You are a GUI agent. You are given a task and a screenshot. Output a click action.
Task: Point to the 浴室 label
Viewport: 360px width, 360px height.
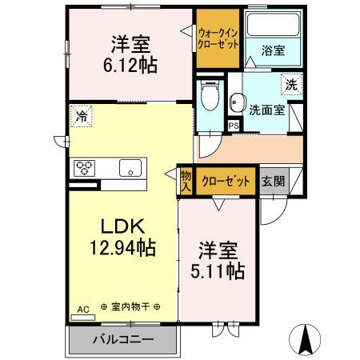pyautogui.click(x=271, y=50)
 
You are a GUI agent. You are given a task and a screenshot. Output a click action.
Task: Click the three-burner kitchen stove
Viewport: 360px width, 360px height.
pyautogui.click(x=85, y=168)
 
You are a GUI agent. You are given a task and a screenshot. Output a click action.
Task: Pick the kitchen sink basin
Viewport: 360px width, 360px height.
pyautogui.click(x=130, y=168)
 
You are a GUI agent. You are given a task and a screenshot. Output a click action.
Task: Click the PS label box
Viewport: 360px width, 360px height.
pyautogui.click(x=234, y=126)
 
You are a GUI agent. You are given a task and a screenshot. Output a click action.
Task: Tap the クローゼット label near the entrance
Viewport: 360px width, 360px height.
pyautogui.click(x=225, y=180)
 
